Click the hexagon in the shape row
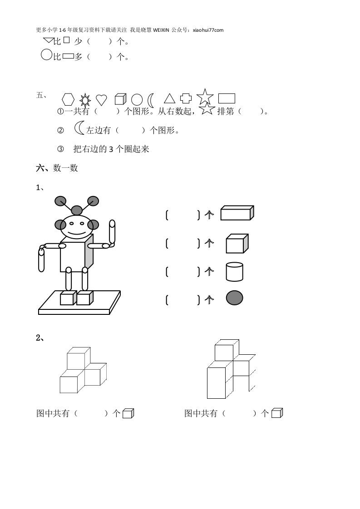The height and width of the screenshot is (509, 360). (68, 99)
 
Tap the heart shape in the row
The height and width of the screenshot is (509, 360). (101, 100)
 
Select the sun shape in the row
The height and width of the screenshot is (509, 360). (85, 100)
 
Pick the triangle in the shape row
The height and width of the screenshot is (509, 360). (169, 98)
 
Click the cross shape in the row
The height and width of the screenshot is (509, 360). (186, 98)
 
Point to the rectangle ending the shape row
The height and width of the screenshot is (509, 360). (227, 98)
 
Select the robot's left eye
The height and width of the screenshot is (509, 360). (71, 223)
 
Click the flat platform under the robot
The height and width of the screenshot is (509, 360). (79, 303)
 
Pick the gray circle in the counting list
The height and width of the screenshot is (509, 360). (235, 298)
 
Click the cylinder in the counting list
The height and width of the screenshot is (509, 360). (235, 272)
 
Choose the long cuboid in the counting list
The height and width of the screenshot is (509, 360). (237, 213)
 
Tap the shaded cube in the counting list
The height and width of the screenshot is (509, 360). (237, 244)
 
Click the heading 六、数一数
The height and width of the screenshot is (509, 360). (57, 168)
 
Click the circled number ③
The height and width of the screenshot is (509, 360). (60, 149)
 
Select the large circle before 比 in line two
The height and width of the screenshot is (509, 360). (46, 54)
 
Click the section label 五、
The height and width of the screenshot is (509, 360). (41, 95)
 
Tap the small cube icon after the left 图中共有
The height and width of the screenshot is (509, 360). (128, 413)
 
